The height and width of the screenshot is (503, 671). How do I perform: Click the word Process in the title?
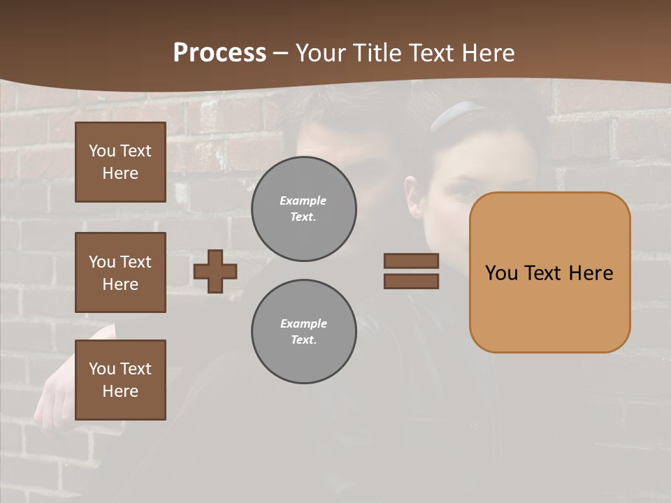point(219,53)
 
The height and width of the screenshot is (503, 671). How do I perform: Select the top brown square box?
point(120,162)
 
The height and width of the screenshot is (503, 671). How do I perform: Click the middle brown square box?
point(120,272)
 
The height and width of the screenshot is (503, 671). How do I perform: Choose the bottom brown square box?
point(120,380)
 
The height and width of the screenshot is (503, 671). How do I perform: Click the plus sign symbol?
point(215,271)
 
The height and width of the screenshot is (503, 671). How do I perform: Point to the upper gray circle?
point(304,209)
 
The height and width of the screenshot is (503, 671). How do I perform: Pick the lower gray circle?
point(304,332)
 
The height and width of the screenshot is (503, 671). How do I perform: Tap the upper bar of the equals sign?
point(411,261)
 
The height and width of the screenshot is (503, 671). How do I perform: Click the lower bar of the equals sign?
point(411,281)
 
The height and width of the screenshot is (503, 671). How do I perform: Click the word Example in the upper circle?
point(303,201)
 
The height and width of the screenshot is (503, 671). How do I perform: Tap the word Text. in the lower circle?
point(303,340)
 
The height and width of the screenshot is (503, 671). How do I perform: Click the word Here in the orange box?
point(591,272)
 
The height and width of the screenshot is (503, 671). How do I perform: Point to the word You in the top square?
point(101,151)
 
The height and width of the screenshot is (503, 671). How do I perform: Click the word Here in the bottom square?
point(120,391)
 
